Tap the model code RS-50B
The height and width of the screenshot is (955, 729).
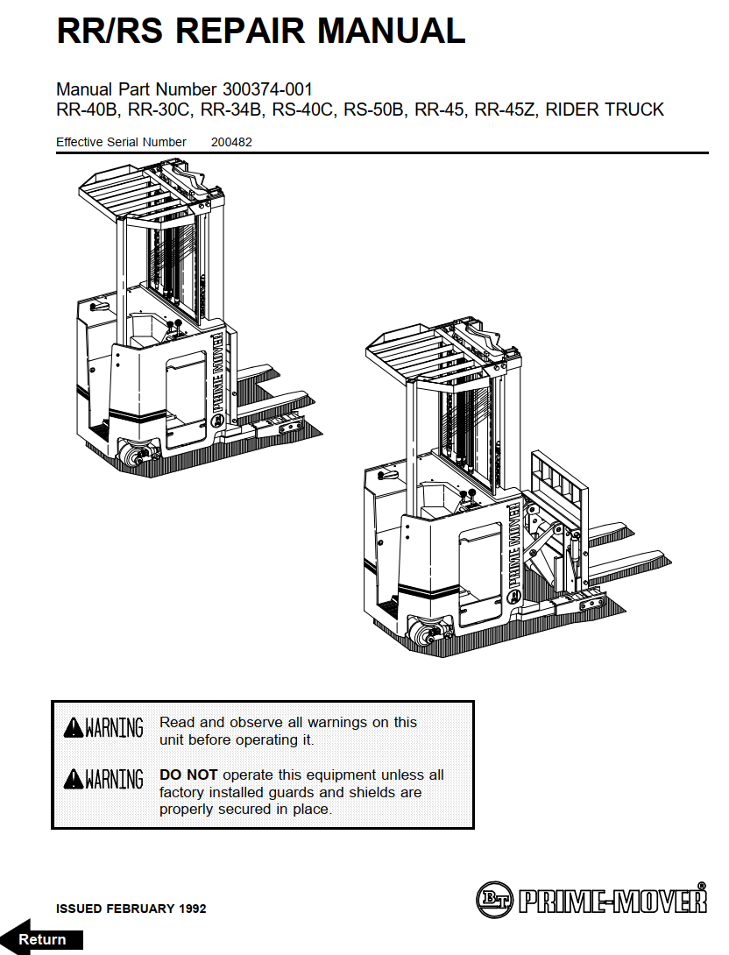(x=374, y=110)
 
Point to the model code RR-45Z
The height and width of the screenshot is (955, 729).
(x=507, y=110)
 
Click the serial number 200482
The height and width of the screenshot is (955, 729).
(x=231, y=142)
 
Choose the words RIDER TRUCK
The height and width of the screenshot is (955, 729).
(x=605, y=110)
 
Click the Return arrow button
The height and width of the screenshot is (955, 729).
(x=41, y=938)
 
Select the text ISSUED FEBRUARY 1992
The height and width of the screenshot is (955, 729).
(x=131, y=909)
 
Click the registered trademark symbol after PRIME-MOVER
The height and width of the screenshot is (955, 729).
(x=701, y=886)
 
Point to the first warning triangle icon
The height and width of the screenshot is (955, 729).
(x=74, y=728)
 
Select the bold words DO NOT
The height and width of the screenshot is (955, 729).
(x=188, y=775)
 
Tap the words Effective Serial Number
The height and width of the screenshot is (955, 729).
(x=121, y=142)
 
